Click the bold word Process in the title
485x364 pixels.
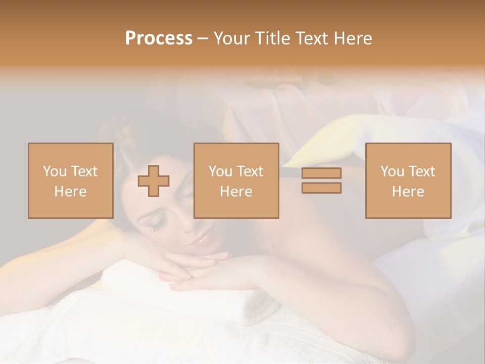pyautogui.click(x=159, y=38)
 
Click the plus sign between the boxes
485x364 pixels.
pyautogui.click(x=154, y=180)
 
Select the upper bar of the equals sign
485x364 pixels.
pyautogui.click(x=321, y=173)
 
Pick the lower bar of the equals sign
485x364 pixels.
pyautogui.click(x=321, y=188)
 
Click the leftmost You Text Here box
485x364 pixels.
pyautogui.click(x=70, y=180)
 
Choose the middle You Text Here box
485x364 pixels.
pyautogui.click(x=236, y=180)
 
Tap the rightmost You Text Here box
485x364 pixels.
pyautogui.click(x=408, y=180)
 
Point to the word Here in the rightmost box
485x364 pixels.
pyautogui.click(x=408, y=191)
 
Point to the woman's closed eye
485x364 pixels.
pyautogui.click(x=156, y=221)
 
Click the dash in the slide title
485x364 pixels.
pyautogui.click(x=203, y=38)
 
